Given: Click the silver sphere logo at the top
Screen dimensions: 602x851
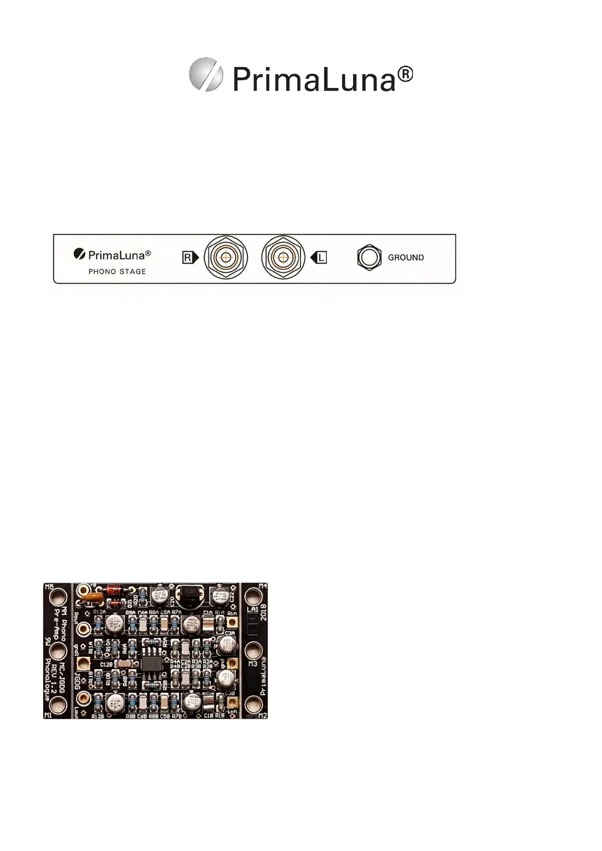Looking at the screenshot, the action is [206, 74].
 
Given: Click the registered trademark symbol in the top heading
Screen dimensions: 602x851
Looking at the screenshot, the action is [405, 76].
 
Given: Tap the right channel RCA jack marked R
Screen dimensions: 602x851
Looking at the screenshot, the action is [226, 257].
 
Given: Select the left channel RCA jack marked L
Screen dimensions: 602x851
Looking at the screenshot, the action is [282, 257].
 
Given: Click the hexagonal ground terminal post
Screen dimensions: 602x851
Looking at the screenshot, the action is [369, 257].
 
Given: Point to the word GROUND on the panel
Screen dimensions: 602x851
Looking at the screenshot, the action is [406, 258].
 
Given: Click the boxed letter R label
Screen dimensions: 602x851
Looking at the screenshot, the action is [188, 258].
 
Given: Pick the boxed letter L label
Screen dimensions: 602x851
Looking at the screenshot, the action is [321, 258].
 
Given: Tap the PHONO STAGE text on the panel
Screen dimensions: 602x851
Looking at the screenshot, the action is [117, 271].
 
